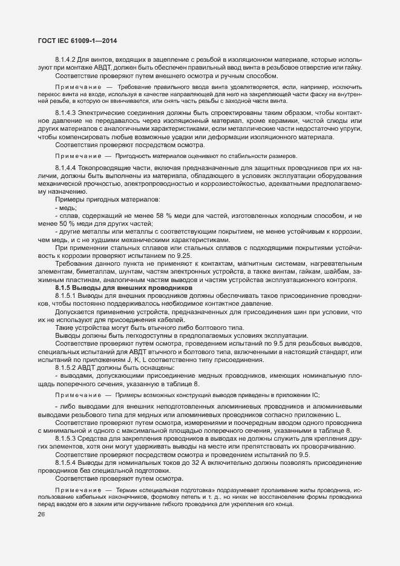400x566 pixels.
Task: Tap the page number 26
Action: (x=42, y=515)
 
